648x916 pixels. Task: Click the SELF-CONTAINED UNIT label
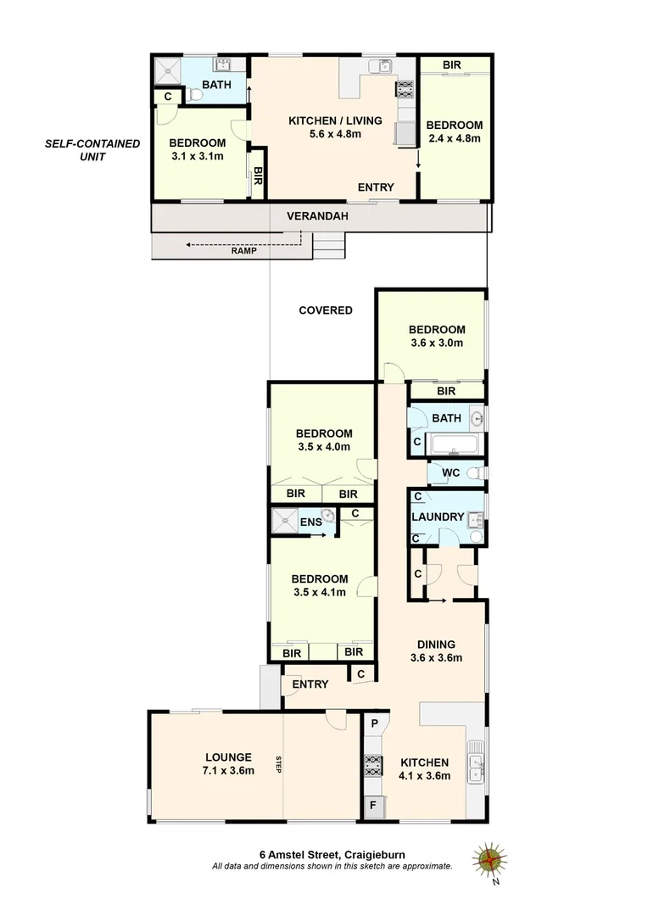click(x=92, y=151)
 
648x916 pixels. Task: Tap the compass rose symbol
click(x=489, y=860)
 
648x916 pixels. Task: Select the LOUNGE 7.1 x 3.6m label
click(x=228, y=764)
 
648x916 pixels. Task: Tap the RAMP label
click(x=243, y=250)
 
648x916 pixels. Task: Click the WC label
click(x=450, y=472)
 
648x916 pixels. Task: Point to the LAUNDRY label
click(x=438, y=517)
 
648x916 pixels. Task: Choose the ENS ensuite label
click(x=310, y=522)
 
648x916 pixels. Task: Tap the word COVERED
click(x=326, y=310)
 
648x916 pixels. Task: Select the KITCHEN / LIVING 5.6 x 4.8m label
click(x=335, y=127)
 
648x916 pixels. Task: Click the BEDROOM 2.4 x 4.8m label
click(x=454, y=131)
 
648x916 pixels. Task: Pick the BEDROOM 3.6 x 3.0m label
click(x=437, y=337)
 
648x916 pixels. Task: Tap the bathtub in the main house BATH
click(x=454, y=444)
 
